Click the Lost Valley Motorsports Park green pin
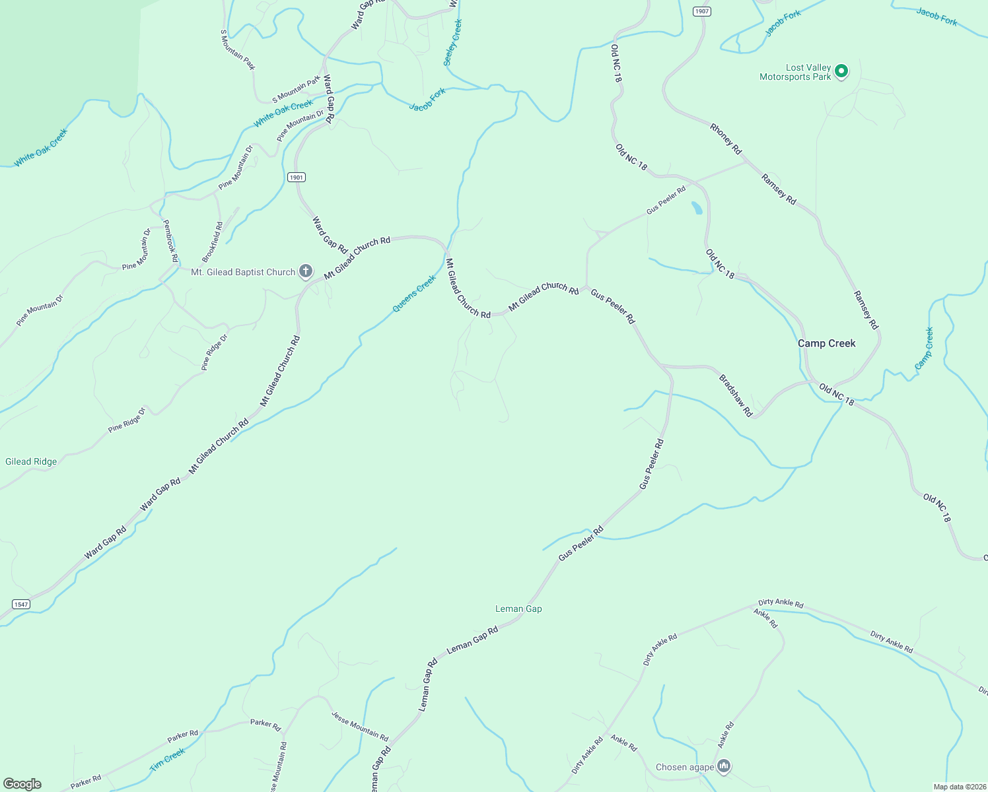coord(841,71)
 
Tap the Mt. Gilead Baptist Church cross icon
coord(305,271)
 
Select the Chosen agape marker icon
coord(724,766)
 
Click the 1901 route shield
coord(297,178)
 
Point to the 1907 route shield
coord(701,11)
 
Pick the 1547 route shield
coord(21,605)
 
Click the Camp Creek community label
coord(826,343)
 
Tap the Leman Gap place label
coord(518,609)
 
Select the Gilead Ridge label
coord(31,461)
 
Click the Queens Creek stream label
coord(414,294)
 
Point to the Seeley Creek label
coord(452,42)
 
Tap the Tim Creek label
coord(167,760)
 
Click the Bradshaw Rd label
coord(735,395)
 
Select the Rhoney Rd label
coord(726,139)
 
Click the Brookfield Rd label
coord(213,242)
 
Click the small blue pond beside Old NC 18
coord(696,208)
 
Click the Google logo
coord(22,784)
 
